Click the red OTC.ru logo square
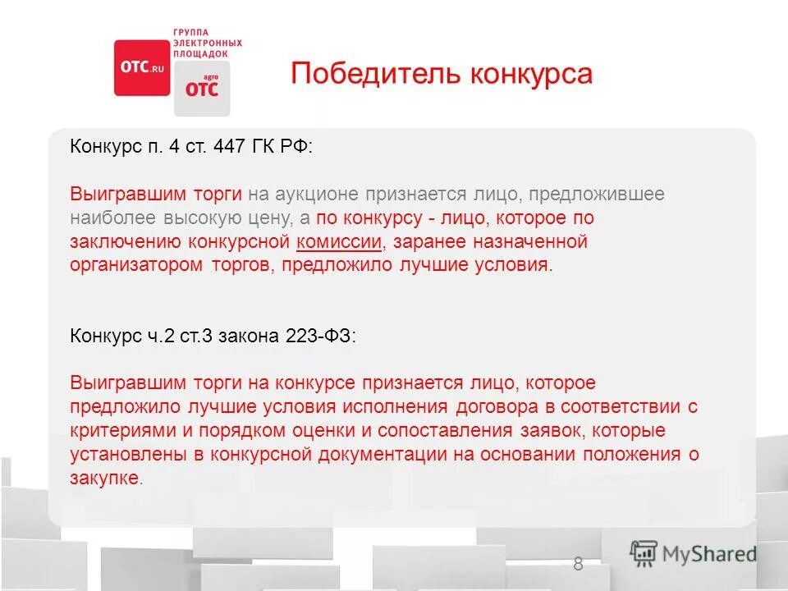pos(140,68)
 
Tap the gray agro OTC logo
pos(202,88)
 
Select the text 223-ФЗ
pos(321,337)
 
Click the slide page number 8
pos(578,564)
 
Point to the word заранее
pos(437,242)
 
